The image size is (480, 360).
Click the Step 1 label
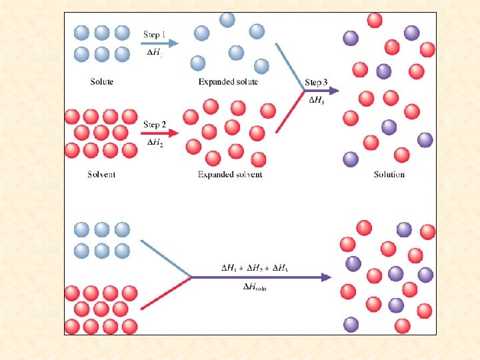click(155, 34)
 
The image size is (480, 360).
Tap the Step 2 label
click(155, 125)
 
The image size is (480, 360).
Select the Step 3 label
click(316, 83)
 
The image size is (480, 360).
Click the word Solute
click(102, 82)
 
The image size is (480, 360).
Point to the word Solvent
click(101, 175)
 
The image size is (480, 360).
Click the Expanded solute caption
click(228, 82)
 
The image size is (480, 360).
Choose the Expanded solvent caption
click(230, 175)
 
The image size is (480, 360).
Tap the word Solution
click(389, 175)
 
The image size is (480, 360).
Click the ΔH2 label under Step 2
click(155, 141)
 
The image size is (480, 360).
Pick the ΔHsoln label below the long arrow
click(255, 287)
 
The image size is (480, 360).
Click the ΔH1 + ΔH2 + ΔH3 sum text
click(254, 268)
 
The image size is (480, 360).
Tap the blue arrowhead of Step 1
click(175, 43)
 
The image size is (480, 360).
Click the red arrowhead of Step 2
click(175, 134)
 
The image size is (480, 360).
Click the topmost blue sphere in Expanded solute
click(227, 19)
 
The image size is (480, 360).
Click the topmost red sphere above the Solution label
click(375, 20)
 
